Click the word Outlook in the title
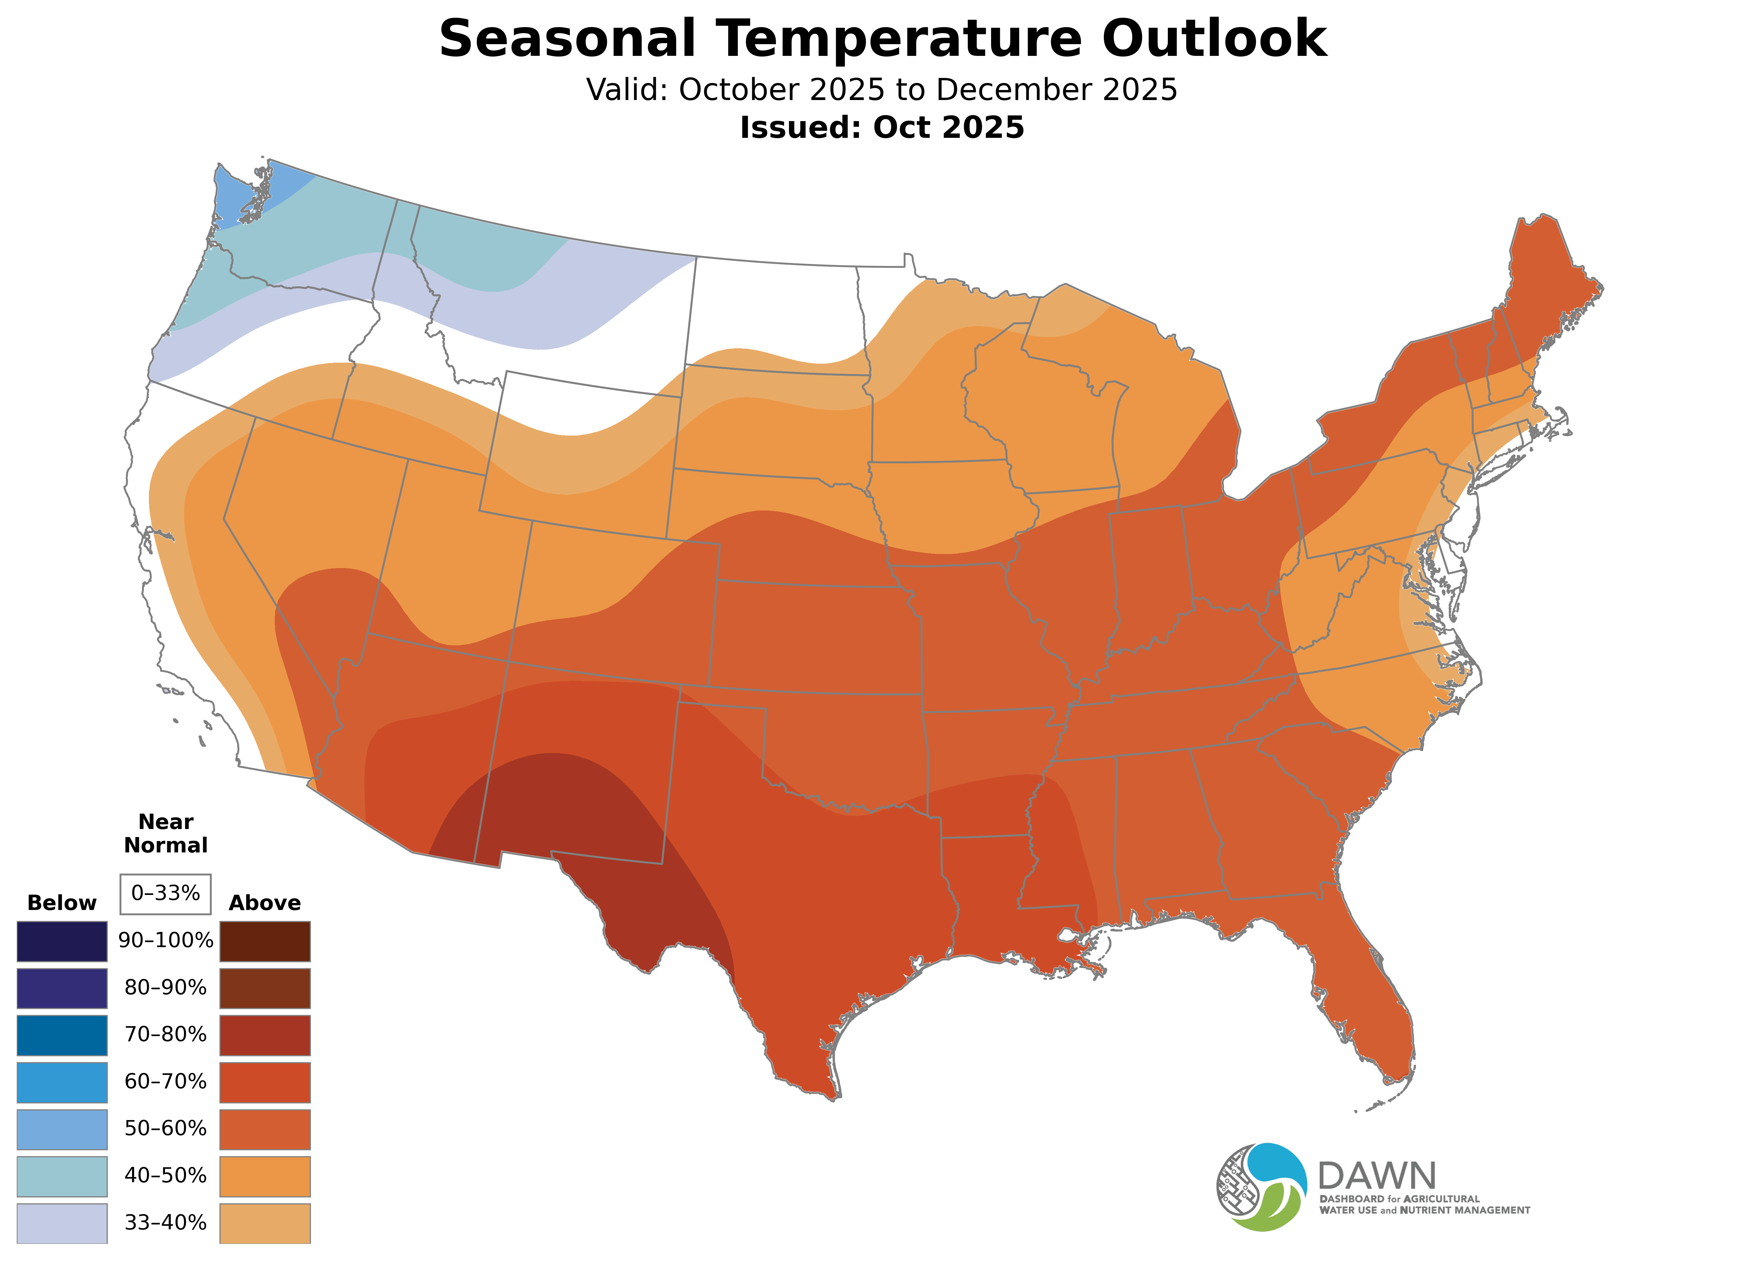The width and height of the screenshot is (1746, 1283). (x=1214, y=39)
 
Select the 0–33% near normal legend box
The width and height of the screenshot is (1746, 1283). (x=165, y=894)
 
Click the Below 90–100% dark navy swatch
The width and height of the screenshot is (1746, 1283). (x=62, y=941)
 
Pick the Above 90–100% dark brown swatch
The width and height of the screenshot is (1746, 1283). (x=265, y=941)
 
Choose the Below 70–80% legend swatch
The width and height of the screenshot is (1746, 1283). (x=62, y=1035)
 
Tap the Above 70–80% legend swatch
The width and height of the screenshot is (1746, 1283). (x=265, y=1035)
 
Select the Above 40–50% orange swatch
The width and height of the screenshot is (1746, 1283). (x=265, y=1176)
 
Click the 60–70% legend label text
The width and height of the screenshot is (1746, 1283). (x=165, y=1082)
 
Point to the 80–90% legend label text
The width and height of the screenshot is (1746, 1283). (x=165, y=988)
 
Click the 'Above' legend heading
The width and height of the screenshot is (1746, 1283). (x=265, y=903)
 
